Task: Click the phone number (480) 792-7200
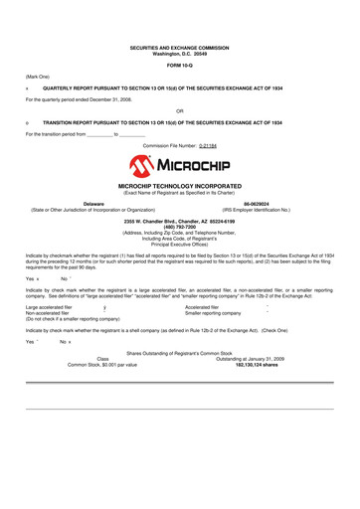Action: pos(179,224)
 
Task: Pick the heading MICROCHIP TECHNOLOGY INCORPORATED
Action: pos(180,186)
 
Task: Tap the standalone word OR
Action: pos(179,110)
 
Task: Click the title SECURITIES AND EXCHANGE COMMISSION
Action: pos(180,46)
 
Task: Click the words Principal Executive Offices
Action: pos(179,244)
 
